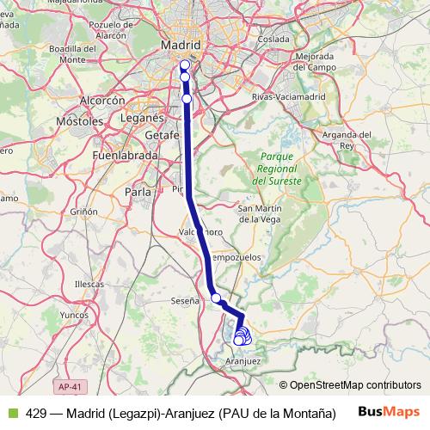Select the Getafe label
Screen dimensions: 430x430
pos(162,135)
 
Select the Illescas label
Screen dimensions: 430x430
pos(89,283)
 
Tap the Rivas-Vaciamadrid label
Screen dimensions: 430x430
pos(279,97)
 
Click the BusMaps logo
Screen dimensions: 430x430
pos(388,411)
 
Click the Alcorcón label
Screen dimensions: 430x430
pos(103,101)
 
